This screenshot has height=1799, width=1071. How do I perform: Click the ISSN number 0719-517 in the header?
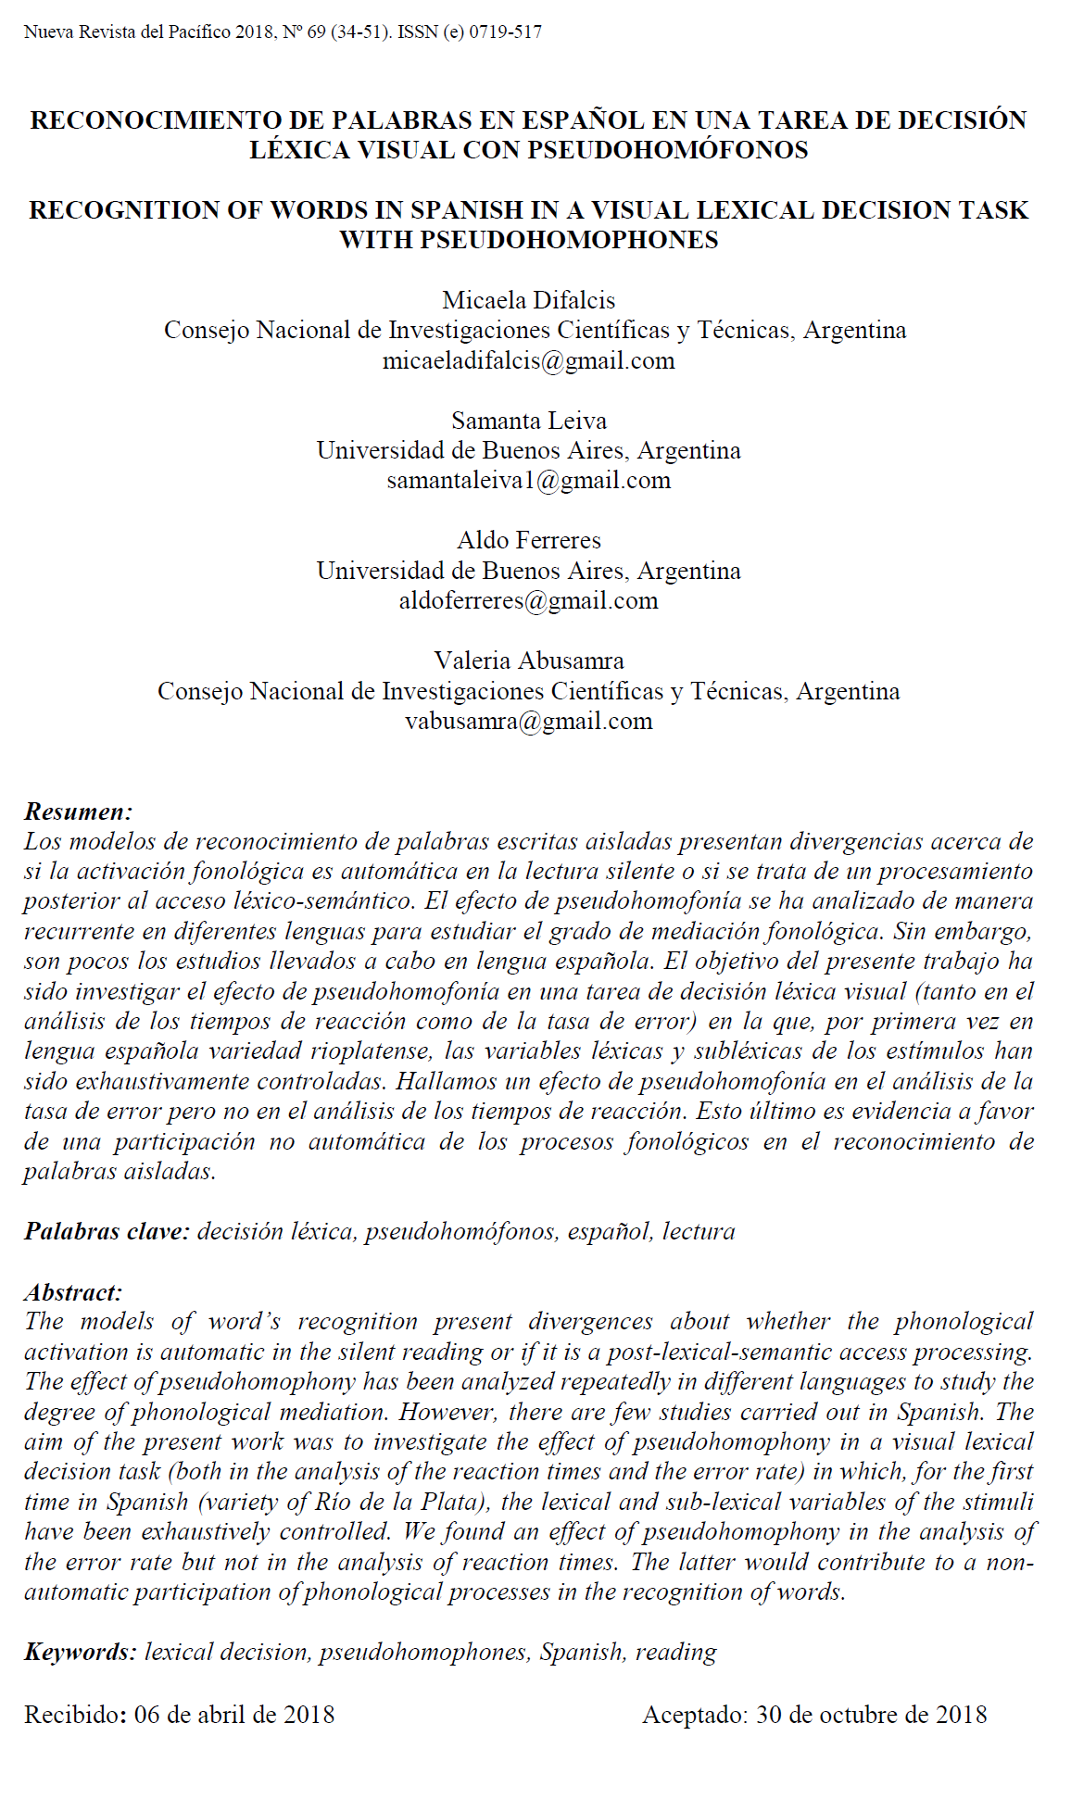coord(505,32)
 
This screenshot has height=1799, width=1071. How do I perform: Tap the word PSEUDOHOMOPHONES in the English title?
coord(569,240)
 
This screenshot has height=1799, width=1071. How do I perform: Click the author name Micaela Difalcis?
coord(529,300)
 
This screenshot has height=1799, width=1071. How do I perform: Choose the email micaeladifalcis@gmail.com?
coord(529,360)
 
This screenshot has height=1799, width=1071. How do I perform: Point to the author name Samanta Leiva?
coord(529,421)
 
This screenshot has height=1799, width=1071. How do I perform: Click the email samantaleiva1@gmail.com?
coord(529,481)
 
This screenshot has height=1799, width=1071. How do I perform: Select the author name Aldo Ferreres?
coord(529,540)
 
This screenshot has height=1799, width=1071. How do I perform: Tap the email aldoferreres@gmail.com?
coord(529,600)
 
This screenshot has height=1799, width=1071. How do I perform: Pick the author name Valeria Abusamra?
coord(529,660)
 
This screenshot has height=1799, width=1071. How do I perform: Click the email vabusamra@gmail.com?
coord(529,721)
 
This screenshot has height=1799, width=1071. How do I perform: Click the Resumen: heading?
coord(79,812)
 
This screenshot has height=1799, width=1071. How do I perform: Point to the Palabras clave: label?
coord(107,1232)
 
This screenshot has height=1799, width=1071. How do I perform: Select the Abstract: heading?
coord(73,1292)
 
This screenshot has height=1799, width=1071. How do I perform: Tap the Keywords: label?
coord(81,1653)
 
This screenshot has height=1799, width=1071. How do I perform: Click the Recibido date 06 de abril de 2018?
coord(234,1716)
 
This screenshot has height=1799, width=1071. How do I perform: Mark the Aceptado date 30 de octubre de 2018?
coord(871,1716)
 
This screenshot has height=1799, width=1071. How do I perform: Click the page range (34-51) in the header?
coord(361,32)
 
